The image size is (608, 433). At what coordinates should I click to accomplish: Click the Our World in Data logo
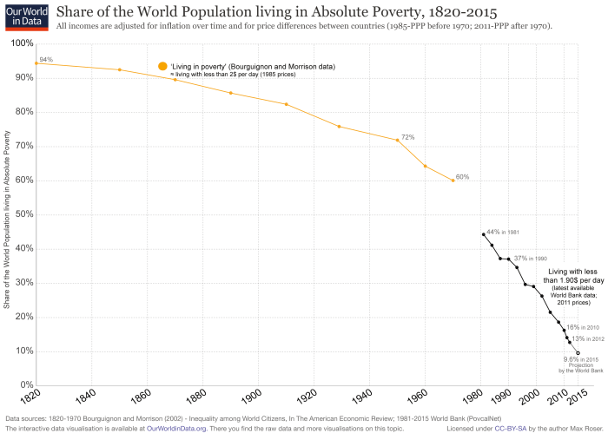pos(24,16)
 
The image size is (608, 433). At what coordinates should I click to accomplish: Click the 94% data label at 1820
pos(46,59)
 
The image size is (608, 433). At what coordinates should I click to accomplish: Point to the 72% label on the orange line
pos(407,137)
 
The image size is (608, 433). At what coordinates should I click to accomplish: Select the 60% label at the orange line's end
pos(462,177)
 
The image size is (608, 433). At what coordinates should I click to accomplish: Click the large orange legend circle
pos(162,67)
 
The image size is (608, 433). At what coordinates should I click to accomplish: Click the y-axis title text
pos(8,220)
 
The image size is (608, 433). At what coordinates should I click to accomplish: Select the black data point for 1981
pos(483,234)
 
